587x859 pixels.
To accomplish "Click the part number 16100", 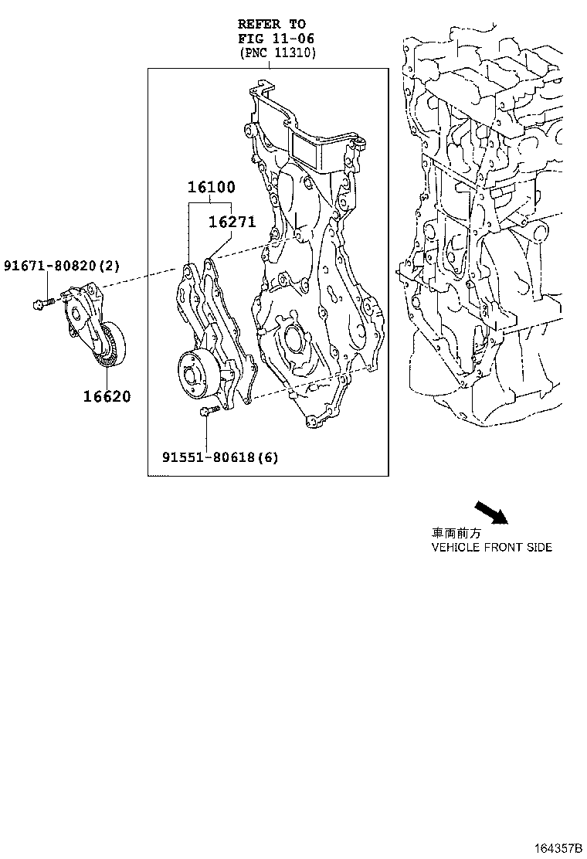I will tap(211, 187).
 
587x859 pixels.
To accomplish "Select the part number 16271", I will tap(231, 222).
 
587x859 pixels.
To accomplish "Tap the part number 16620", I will tap(107, 397).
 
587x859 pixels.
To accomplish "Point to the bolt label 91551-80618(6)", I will tap(219, 457).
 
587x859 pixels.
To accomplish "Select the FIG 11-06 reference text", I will tap(276, 38).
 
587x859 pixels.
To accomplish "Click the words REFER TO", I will tap(272, 25).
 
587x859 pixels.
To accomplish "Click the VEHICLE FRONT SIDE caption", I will tap(490, 547).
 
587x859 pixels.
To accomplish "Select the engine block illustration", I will tap(487, 232).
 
